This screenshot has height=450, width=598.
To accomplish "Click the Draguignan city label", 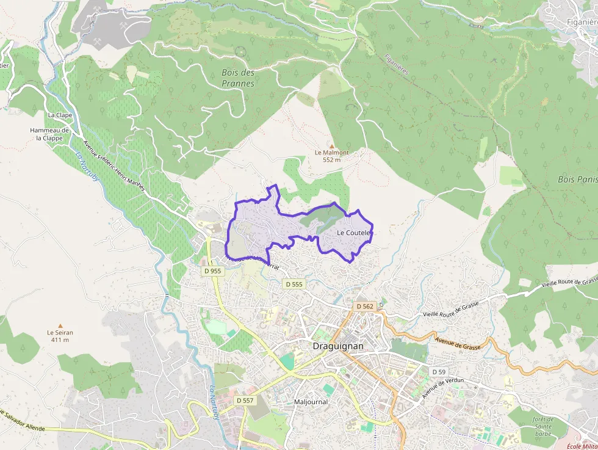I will point(337,346).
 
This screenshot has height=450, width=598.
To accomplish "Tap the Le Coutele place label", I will point(354,233).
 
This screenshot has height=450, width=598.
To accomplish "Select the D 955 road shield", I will point(212,270).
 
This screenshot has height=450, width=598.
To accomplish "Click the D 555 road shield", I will point(294,284).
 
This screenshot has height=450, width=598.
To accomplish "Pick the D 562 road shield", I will point(364,306).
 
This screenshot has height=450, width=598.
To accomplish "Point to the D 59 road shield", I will point(439,372).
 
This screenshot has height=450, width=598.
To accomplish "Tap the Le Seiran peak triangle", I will point(60,325).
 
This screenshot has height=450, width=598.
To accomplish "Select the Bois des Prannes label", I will point(238,78).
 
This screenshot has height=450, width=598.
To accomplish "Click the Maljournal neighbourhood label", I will point(311,402).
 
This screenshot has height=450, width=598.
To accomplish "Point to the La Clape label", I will point(60,115).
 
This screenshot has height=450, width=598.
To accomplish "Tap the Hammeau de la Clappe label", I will point(50,134).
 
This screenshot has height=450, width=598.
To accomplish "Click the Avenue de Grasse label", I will point(458,343).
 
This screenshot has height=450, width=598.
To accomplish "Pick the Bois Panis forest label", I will point(577,180).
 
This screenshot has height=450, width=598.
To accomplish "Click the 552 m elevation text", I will point(332,160).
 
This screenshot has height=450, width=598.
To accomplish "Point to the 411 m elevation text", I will point(60,340).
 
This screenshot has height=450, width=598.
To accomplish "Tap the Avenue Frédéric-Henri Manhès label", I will point(115,166).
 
